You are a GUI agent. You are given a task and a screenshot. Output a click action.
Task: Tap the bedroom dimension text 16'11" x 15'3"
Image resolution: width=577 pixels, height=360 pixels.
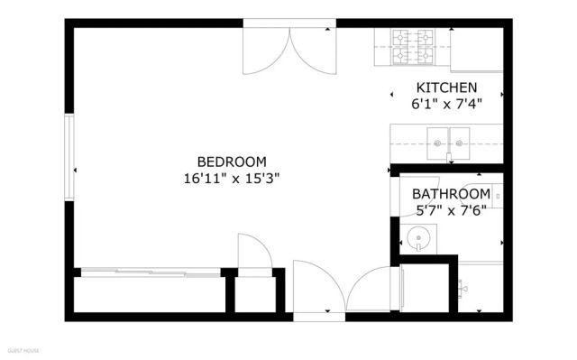tap(230, 178)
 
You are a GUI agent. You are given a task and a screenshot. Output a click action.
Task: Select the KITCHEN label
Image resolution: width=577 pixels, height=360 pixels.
tap(445, 88)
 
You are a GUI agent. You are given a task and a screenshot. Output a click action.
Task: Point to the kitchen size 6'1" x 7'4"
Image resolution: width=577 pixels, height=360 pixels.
tap(445, 103)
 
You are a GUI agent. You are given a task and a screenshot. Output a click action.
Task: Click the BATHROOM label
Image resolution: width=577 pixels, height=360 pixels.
tap(451, 194)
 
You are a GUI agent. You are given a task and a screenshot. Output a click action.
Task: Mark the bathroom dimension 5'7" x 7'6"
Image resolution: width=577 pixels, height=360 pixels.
tap(451, 210)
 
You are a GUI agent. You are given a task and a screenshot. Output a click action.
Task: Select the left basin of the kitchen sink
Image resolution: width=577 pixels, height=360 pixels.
tap(438, 143)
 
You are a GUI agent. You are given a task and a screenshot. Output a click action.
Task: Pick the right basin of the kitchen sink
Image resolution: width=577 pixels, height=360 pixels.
tap(461, 143)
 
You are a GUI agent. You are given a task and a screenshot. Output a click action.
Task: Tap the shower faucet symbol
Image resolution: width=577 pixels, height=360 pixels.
tap(463, 288)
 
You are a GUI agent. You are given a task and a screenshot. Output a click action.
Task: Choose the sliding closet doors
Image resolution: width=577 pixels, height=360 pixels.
tap(150, 271)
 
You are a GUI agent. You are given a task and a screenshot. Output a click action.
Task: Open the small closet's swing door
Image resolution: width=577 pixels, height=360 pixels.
tap(252, 252)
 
